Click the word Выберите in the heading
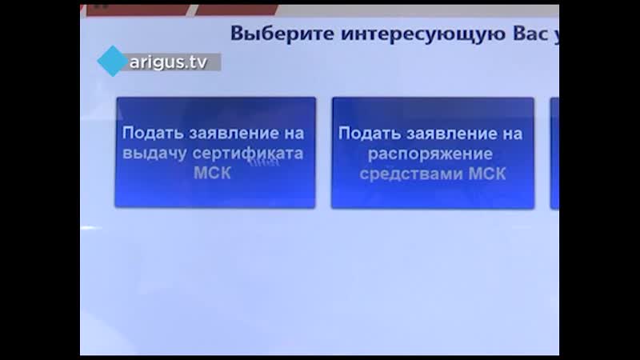click(x=270, y=34)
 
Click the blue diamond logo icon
click(x=112, y=61)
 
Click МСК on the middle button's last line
click(x=486, y=173)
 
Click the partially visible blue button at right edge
click(x=554, y=152)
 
